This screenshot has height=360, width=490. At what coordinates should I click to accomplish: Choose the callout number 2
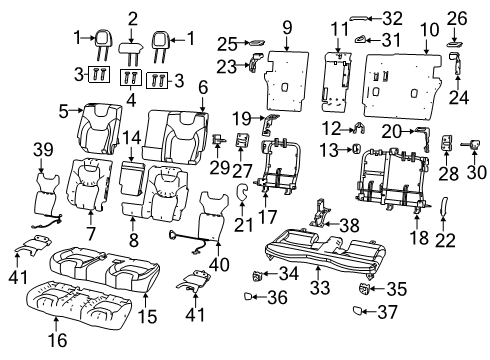click(x=132, y=16)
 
